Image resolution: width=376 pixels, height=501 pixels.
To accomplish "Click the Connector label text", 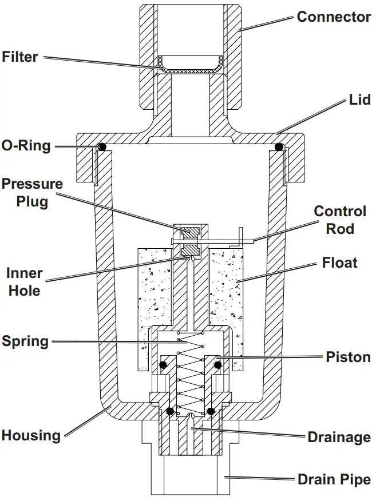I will (x=334, y=17).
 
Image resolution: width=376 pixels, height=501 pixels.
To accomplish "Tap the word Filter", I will (x=20, y=57).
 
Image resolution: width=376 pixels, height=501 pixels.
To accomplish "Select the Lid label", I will (x=360, y=100).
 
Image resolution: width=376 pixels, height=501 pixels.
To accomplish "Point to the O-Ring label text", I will (x=26, y=145).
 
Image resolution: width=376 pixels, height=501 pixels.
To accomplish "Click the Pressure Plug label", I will (x=32, y=193).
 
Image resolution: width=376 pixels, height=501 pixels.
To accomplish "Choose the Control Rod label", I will (x=340, y=220).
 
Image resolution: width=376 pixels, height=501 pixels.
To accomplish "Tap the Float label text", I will (x=340, y=263).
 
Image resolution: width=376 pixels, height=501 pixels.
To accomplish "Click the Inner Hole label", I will (x=23, y=281).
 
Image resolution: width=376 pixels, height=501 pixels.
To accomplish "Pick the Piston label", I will (x=348, y=357).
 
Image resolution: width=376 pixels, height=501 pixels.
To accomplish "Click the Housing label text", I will (x=30, y=435).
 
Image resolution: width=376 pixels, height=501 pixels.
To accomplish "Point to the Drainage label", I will (x=339, y=438).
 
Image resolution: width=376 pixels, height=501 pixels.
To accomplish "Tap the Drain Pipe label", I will (x=334, y=479).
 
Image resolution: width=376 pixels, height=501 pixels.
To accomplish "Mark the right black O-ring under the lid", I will (x=279, y=147).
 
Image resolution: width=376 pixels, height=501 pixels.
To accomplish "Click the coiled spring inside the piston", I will (x=189, y=372).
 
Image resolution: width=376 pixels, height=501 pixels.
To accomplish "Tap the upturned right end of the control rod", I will (x=242, y=235).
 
